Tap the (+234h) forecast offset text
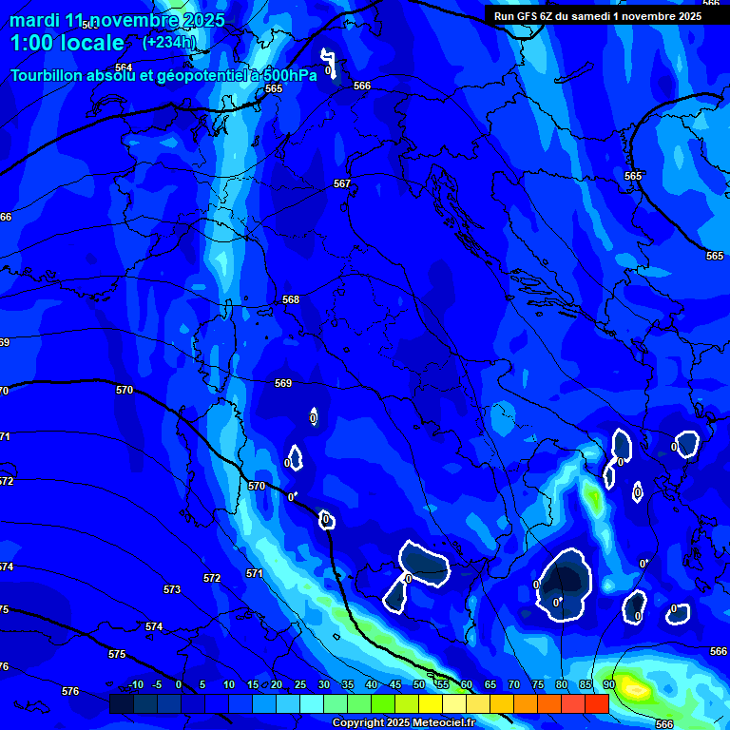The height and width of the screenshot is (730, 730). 169,42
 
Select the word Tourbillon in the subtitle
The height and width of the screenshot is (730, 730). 48,76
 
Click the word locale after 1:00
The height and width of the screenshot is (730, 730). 90,43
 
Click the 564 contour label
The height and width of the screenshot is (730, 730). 123,67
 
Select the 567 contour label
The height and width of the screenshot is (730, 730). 342,183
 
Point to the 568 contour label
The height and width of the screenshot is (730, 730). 291,299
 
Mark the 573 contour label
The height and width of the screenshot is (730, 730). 171,589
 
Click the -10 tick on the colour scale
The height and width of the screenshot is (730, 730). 135,685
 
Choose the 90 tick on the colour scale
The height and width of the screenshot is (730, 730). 608,685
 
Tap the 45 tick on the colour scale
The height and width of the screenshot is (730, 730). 395,685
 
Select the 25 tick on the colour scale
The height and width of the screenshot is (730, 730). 300,685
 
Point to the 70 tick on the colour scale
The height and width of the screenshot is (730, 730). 514,685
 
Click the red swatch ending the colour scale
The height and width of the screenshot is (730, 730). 596,703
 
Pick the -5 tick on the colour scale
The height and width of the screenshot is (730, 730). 158,685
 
